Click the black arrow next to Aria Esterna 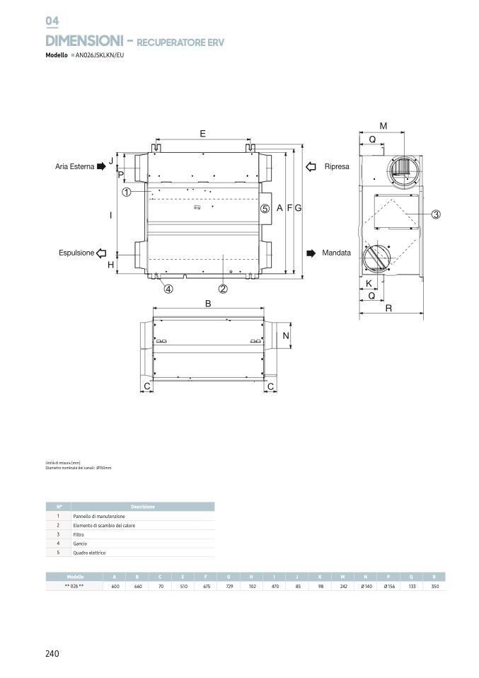tap(101, 166)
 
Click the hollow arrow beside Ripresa tap(310, 166)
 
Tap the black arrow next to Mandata tap(310, 253)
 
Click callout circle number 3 tap(436, 214)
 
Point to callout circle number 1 tap(125, 192)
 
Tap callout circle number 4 tap(168, 288)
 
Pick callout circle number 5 tap(265, 209)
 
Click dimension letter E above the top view tap(202, 133)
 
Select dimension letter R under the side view tap(389, 309)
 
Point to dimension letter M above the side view tap(383, 126)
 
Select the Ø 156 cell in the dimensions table tap(388, 587)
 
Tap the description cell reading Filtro tap(79, 534)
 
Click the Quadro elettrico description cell tap(89, 553)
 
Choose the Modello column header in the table tap(75, 577)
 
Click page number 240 tap(52, 653)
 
